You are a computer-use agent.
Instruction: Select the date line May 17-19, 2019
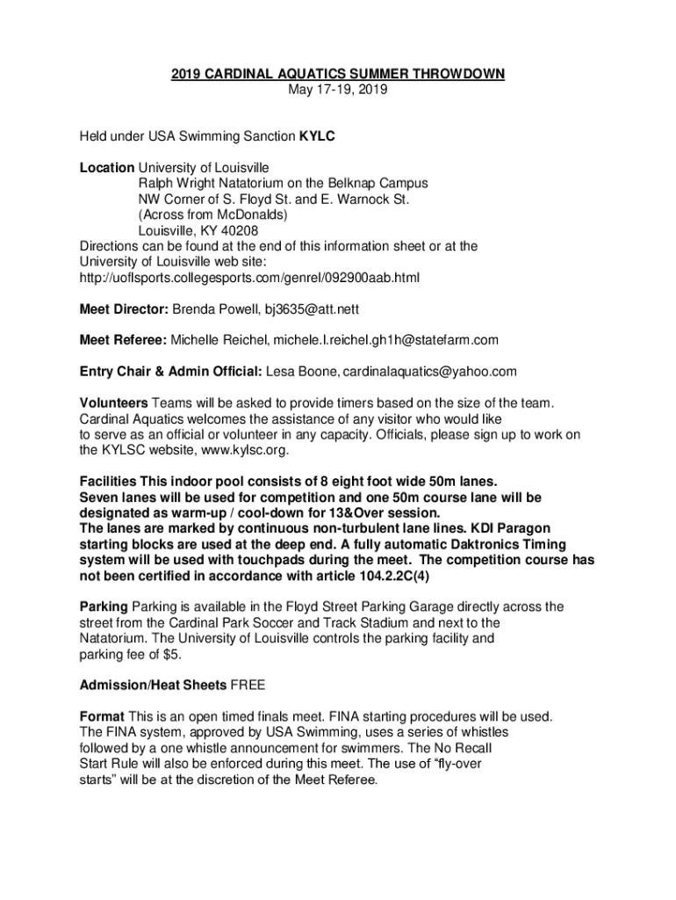pyautogui.click(x=338, y=90)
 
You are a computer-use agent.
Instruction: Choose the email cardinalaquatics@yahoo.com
pyautogui.click(x=429, y=371)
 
